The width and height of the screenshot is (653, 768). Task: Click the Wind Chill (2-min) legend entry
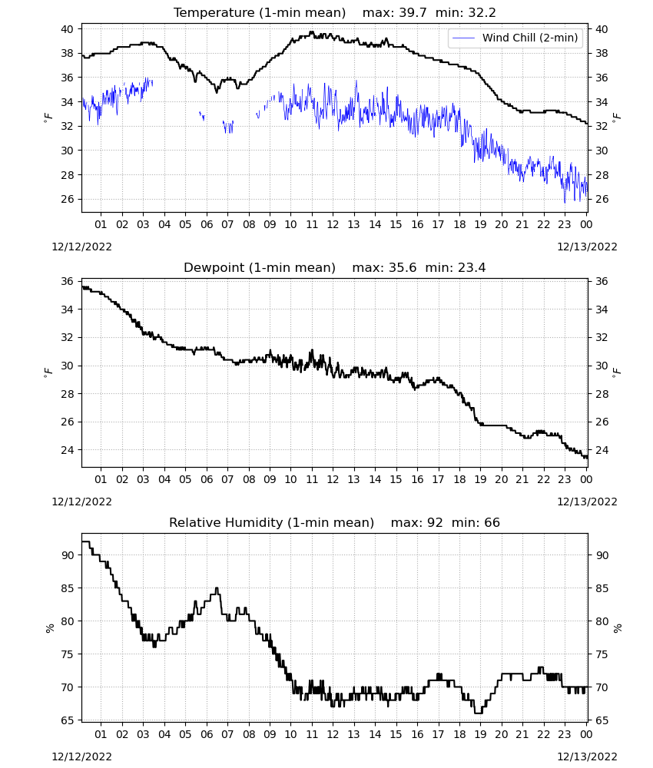(515, 38)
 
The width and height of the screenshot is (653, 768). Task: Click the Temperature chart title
(260, 13)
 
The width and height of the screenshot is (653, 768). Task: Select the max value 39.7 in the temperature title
(413, 13)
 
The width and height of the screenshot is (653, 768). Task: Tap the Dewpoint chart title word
(214, 268)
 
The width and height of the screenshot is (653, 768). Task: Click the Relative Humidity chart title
(271, 522)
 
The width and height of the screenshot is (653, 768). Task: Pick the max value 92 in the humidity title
(435, 522)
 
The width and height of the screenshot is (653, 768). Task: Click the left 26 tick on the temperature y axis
(67, 199)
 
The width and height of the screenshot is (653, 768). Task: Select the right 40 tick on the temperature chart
(601, 29)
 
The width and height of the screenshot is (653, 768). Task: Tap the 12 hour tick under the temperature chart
(333, 224)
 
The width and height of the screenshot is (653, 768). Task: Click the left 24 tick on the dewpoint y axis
(67, 449)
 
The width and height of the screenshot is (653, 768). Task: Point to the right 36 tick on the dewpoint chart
(601, 281)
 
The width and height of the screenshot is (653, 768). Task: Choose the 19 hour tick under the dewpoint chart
(480, 479)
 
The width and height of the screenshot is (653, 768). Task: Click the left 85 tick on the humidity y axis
(67, 588)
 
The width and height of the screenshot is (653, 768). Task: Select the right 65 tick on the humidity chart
(601, 720)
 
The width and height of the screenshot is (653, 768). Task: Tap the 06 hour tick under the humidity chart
(206, 734)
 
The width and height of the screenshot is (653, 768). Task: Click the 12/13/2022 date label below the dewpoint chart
(587, 502)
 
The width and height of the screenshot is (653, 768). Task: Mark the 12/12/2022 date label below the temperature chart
(81, 247)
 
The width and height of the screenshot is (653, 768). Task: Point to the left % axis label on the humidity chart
(49, 628)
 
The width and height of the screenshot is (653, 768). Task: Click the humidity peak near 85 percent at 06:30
(217, 588)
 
